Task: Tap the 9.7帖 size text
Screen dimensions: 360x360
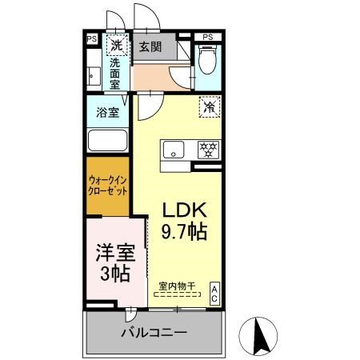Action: [x=186, y=233]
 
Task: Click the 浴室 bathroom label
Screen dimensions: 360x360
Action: [x=108, y=112]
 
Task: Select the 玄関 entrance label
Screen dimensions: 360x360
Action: [x=151, y=47]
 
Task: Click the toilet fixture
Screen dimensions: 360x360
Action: [x=207, y=60]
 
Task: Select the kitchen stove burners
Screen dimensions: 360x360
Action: [x=208, y=149]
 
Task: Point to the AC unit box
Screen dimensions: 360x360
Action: [x=214, y=292]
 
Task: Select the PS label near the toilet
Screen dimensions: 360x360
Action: [x=208, y=38]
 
